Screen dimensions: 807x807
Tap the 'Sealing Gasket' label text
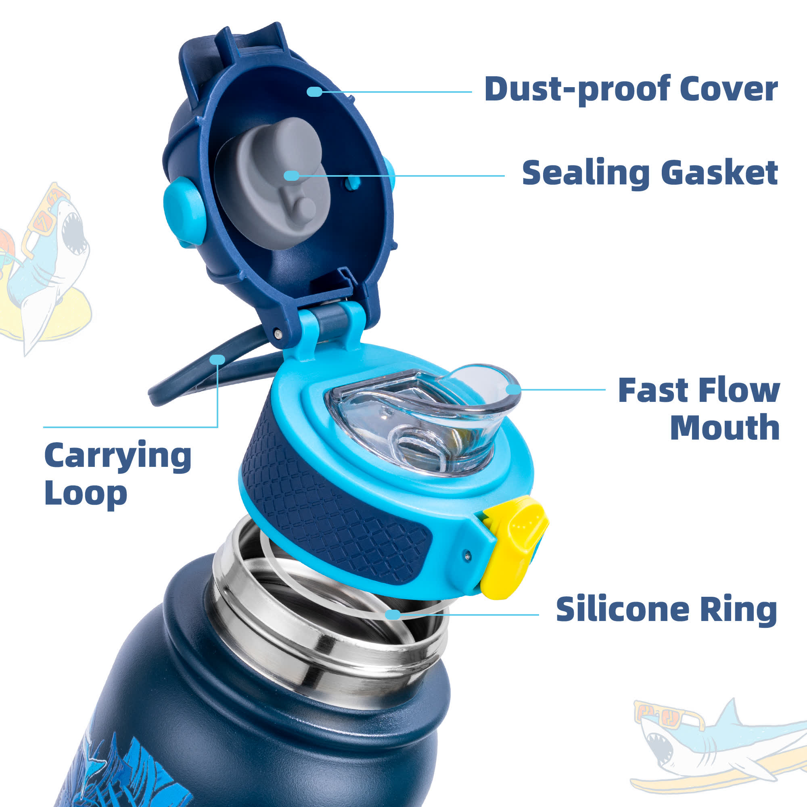pos(650,174)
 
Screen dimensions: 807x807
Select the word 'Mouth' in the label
pos(725,427)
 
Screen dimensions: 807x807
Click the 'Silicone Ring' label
pos(666,609)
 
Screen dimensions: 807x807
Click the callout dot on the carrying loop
pos(217,359)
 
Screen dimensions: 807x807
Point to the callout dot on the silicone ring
pos(393,614)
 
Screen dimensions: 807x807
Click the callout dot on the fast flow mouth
pos(513,389)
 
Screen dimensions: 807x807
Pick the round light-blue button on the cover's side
pos(184,211)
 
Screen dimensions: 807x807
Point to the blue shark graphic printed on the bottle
pos(125,773)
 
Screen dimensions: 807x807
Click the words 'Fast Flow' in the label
pos(699,391)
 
